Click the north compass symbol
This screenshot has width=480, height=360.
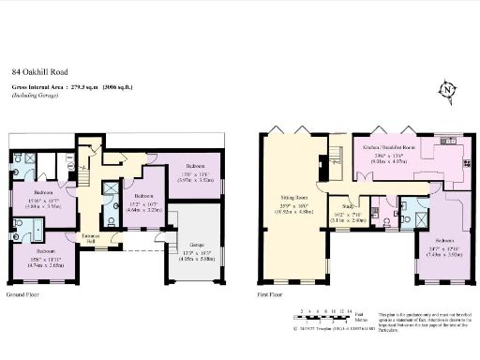[x=448, y=90]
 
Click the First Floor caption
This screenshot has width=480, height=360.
[x=271, y=294]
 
